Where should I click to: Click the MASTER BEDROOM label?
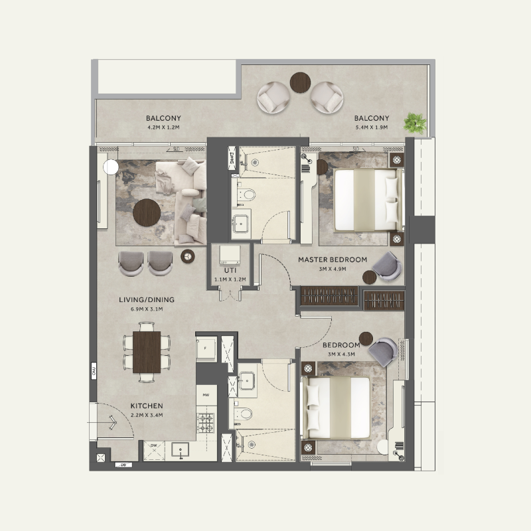(x=333, y=260)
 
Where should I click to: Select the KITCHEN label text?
(x=147, y=406)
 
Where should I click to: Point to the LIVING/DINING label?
(x=147, y=300)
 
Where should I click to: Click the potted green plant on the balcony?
(x=416, y=121)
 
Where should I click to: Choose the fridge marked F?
(x=206, y=347)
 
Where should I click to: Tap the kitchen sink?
(x=181, y=451)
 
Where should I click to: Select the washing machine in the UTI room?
(x=230, y=256)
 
